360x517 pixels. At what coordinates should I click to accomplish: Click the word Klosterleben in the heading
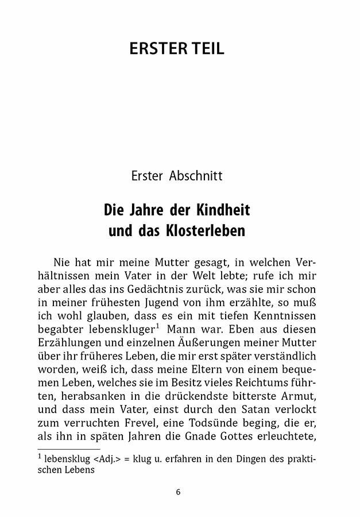(x=202, y=233)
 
